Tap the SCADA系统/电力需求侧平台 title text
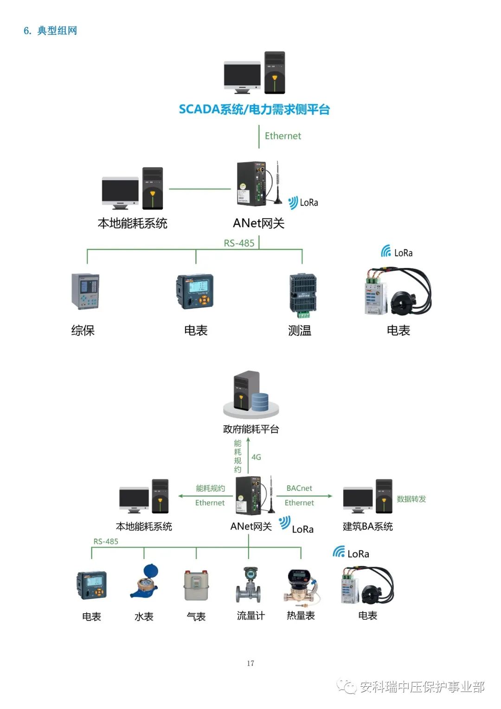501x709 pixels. [254, 110]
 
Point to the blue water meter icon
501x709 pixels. [145, 581]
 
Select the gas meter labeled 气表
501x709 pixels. [196, 585]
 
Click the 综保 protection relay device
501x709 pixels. [85, 292]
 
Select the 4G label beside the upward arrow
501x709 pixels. [256, 457]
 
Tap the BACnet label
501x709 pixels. [299, 488]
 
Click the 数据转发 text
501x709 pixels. [411, 499]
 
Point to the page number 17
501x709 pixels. [250, 663]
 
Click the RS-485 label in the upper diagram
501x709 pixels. [239, 243]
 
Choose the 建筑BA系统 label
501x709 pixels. [367, 527]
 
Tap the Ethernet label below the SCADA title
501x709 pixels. [283, 136]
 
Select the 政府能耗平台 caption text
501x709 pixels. [251, 429]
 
